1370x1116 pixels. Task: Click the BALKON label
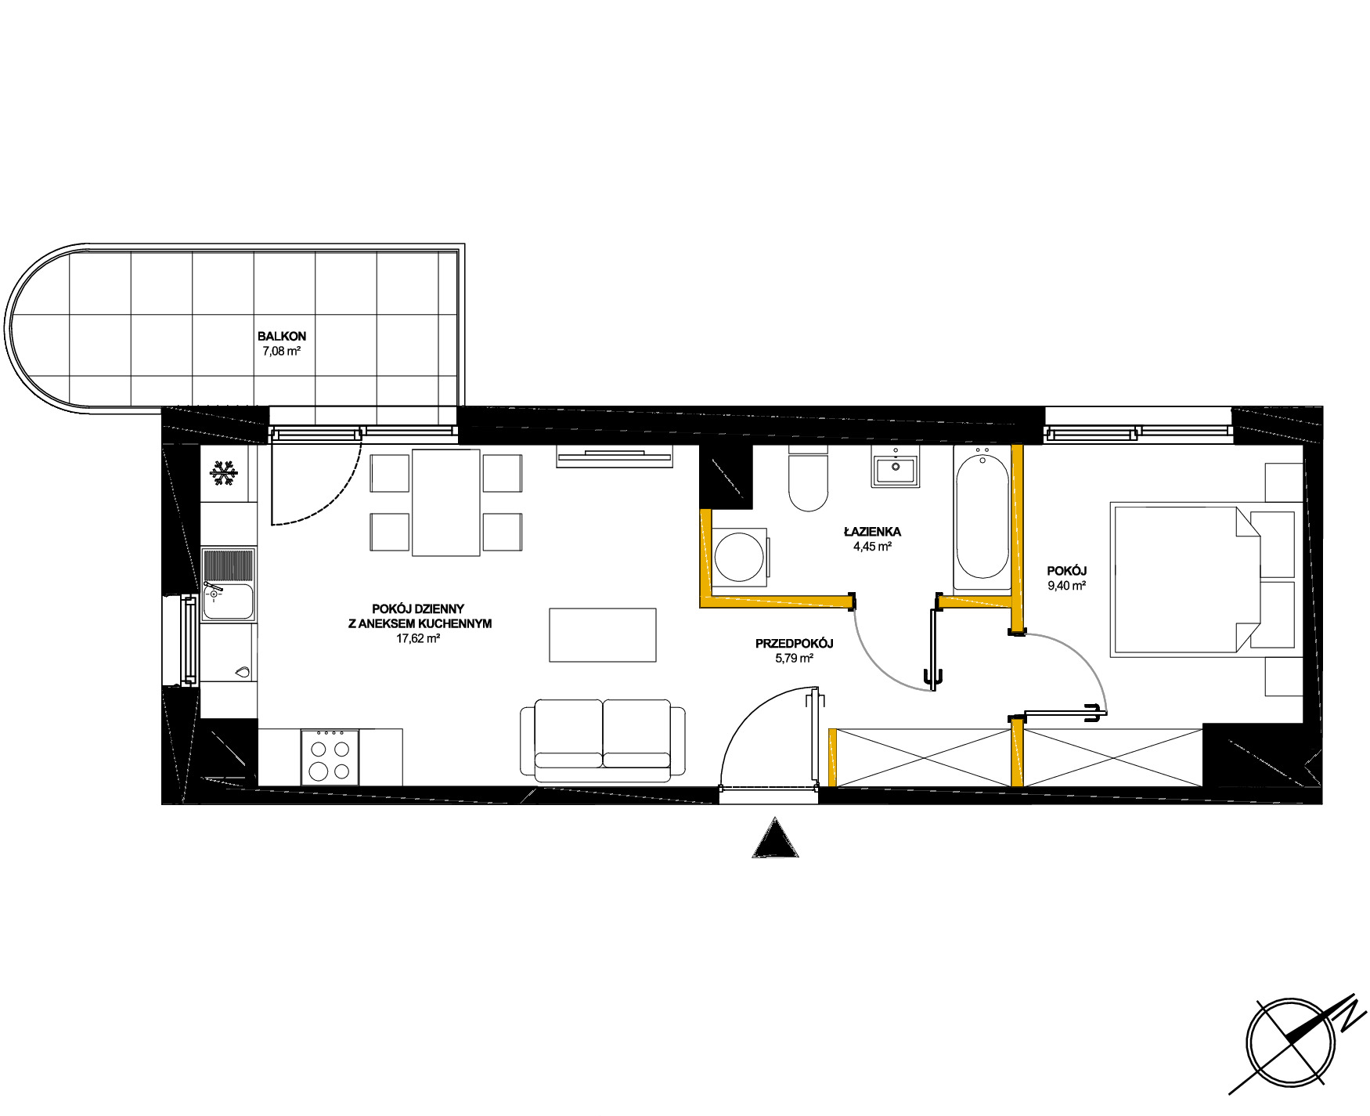tap(282, 336)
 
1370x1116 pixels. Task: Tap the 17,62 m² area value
tap(418, 638)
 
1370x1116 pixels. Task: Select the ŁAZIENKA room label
tap(872, 532)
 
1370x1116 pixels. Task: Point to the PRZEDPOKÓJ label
tap(794, 644)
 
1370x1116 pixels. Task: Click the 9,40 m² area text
tap(1066, 585)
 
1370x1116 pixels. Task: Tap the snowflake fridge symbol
tap(223, 473)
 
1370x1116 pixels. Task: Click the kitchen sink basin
tap(229, 601)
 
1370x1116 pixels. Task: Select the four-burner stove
tap(330, 757)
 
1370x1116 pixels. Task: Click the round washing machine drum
tap(739, 557)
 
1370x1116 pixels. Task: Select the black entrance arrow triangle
tap(776, 837)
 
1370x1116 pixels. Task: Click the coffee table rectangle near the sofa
tap(603, 635)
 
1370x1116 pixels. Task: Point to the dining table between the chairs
tap(446, 503)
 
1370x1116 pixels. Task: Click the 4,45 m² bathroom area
tap(872, 547)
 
